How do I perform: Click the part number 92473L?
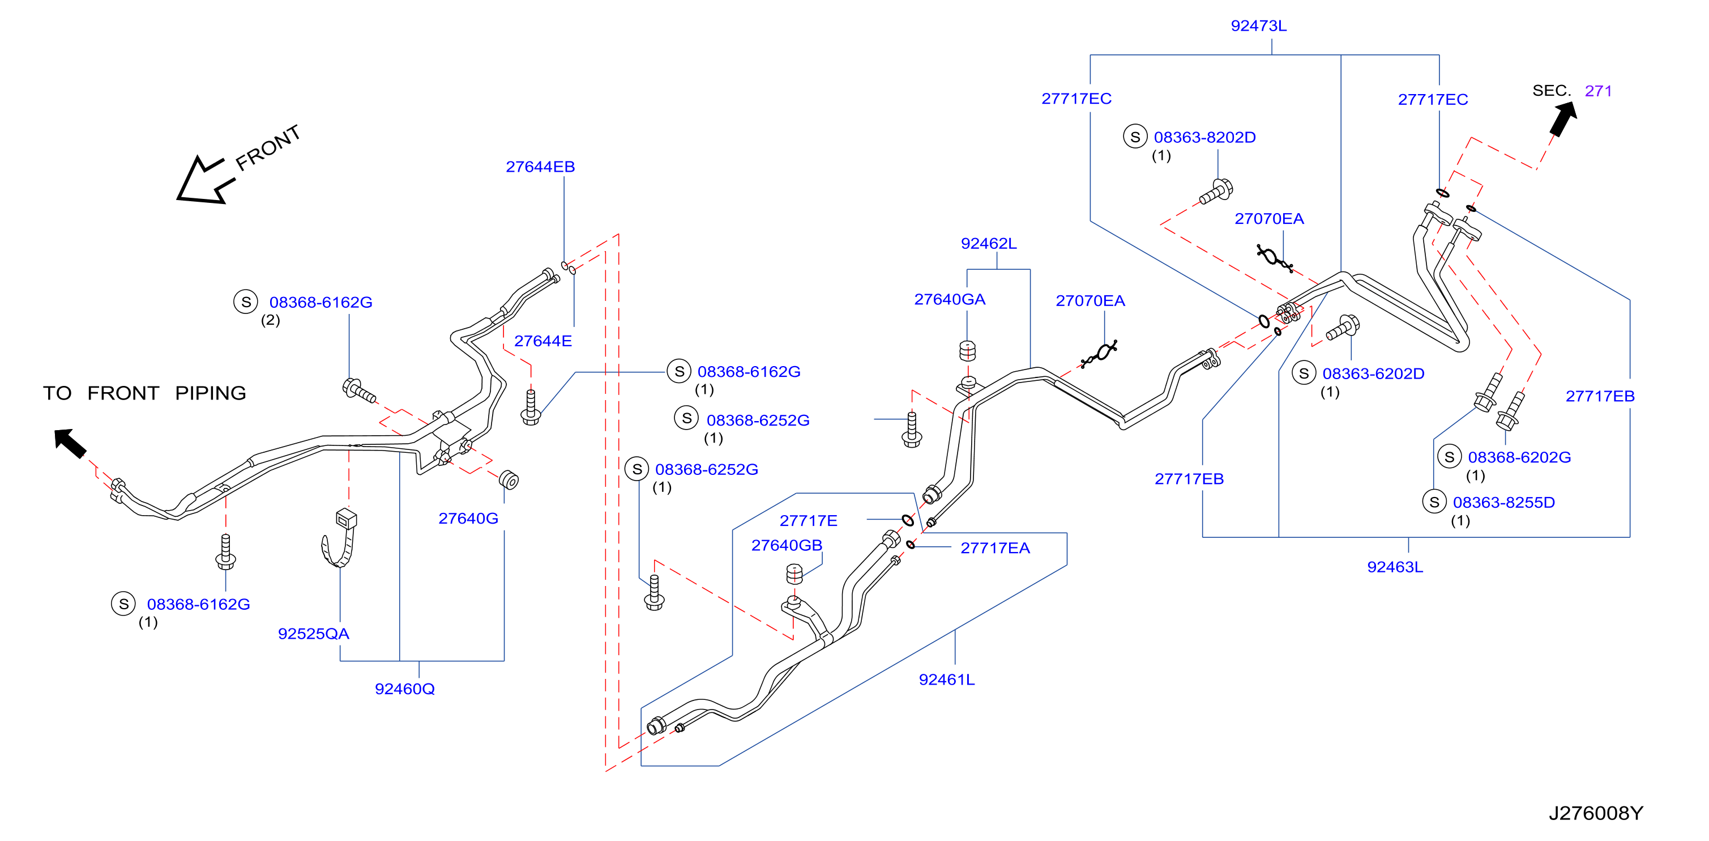[x=1258, y=26]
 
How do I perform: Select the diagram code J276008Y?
[x=1596, y=813]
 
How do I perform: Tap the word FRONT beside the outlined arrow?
[x=268, y=147]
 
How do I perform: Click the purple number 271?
[x=1597, y=91]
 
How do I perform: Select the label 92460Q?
[x=405, y=689]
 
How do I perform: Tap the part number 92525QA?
[x=313, y=634]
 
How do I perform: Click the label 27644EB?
[x=540, y=167]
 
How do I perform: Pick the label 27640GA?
[x=950, y=299]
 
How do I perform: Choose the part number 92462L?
[x=989, y=244]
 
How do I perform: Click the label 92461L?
[x=947, y=679]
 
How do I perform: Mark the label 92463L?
[x=1395, y=567]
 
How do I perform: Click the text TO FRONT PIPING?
[x=144, y=393]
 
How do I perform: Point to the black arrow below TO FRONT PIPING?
[x=70, y=443]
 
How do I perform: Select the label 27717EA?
[x=995, y=547]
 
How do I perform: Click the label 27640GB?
[x=786, y=545]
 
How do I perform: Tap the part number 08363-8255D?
[x=1503, y=503]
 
